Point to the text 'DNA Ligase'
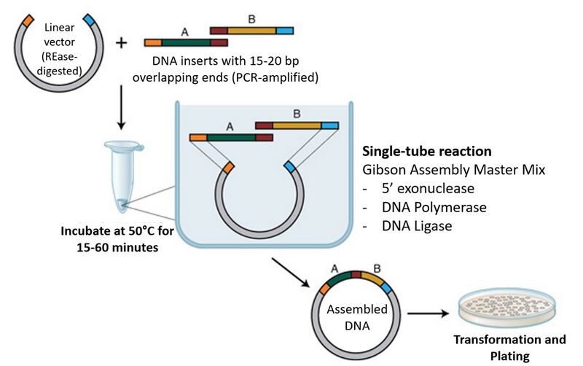click(x=416, y=226)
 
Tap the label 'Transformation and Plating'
click(x=509, y=349)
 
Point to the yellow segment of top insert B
click(x=251, y=31)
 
